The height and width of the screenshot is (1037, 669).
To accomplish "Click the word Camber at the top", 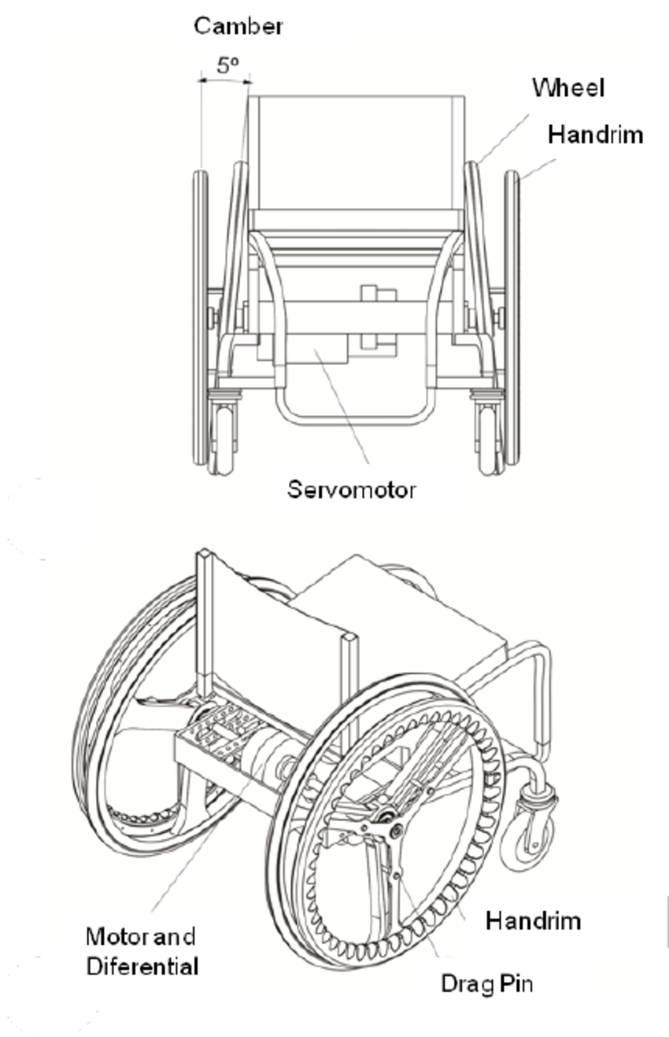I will (238, 26).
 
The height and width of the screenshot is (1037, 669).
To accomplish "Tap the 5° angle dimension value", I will (227, 66).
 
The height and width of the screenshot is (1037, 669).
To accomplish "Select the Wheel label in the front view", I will (568, 87).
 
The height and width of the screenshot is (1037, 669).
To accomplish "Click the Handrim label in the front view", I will (595, 135).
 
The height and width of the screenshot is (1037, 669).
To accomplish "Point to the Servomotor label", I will (351, 490).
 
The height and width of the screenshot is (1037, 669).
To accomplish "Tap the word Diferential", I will (142, 965).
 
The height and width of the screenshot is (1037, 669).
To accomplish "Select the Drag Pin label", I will (486, 983).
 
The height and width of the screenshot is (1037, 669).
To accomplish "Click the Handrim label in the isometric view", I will (533, 920).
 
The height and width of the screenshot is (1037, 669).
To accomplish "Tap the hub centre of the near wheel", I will (391, 829).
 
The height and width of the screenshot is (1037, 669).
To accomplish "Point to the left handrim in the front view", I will (200, 315).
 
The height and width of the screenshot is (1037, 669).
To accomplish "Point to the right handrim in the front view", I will (512, 315).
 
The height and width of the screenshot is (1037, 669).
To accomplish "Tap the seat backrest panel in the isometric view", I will (275, 638).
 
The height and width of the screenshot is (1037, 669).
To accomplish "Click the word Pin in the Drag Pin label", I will (516, 983).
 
